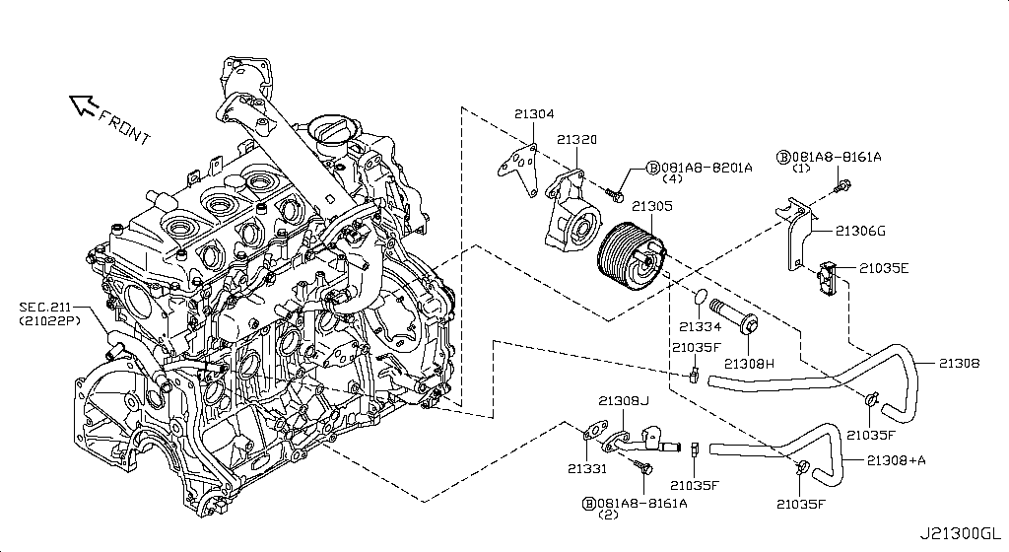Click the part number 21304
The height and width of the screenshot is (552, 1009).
click(x=533, y=114)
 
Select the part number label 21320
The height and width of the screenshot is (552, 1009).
click(x=576, y=141)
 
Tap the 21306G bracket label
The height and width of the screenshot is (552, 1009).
click(x=860, y=232)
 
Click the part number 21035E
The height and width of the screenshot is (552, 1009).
click(x=883, y=267)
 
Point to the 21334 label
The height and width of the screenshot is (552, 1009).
click(x=700, y=326)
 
